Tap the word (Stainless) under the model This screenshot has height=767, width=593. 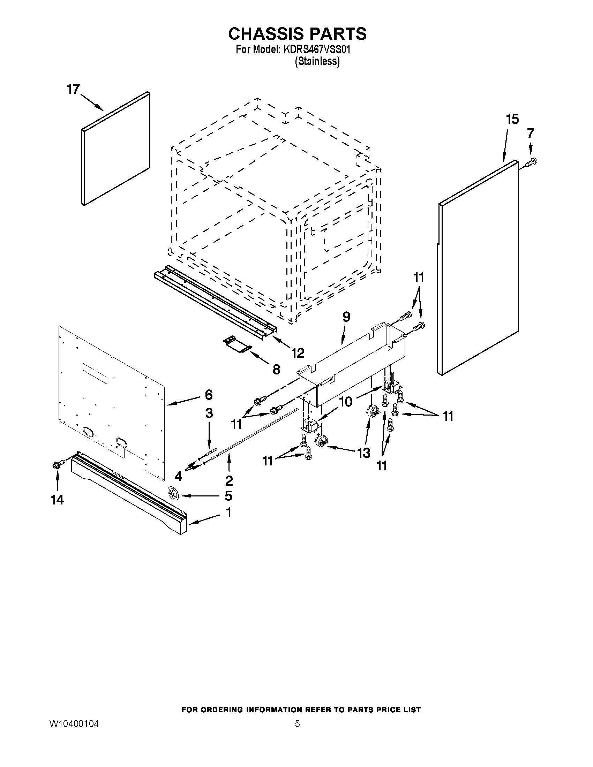click(317, 61)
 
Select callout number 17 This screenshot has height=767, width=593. click(73, 89)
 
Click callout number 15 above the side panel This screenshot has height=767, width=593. click(512, 119)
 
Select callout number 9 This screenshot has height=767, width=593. click(346, 317)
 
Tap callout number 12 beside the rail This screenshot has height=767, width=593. click(298, 352)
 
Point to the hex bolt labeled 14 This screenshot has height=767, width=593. click(58, 465)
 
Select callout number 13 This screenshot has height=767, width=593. click(363, 453)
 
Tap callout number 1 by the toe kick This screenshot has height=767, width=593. click(228, 512)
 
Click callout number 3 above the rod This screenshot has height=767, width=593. click(209, 413)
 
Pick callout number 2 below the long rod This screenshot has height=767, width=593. click(229, 480)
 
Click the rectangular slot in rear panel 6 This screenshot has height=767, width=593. click(95, 373)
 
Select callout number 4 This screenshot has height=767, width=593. click(179, 476)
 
